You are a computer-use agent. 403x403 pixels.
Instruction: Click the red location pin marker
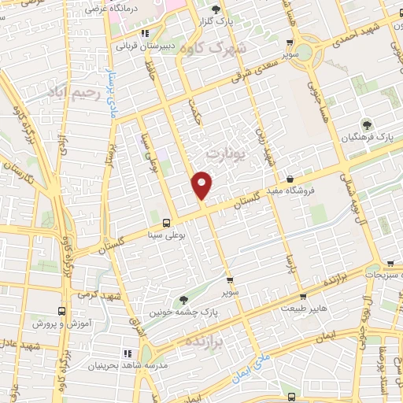click(x=202, y=185)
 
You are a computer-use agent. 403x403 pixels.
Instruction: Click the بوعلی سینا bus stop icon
click(x=166, y=223)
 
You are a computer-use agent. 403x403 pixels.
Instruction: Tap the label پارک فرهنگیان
click(x=367, y=138)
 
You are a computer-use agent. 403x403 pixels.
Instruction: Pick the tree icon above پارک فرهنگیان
click(x=367, y=124)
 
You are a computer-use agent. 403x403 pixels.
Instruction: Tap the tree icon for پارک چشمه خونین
click(x=183, y=298)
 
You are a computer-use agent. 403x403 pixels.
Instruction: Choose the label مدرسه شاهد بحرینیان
click(x=124, y=366)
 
